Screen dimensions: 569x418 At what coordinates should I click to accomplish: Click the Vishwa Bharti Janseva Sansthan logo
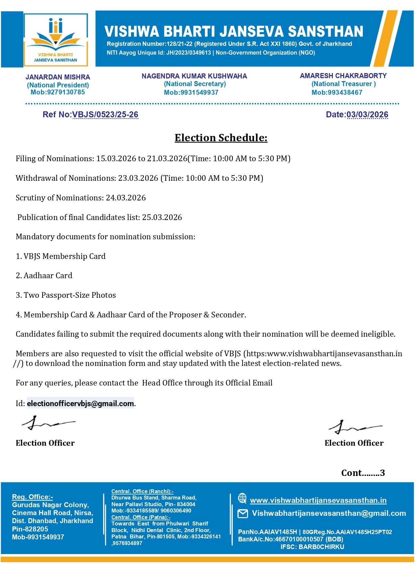(x=56, y=39)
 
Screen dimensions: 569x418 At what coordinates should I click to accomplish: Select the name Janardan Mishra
(x=58, y=77)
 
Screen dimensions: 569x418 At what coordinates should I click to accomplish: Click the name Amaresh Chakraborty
(x=343, y=76)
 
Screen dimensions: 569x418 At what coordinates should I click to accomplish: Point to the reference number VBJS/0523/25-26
(x=105, y=115)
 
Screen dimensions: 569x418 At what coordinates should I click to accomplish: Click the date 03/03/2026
(x=367, y=115)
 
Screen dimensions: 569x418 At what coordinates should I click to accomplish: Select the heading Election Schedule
(x=221, y=138)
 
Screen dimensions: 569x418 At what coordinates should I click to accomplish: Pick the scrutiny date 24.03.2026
(x=126, y=198)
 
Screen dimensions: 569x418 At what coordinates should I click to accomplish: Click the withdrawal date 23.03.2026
(x=138, y=178)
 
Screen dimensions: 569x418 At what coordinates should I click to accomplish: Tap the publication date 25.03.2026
(x=162, y=217)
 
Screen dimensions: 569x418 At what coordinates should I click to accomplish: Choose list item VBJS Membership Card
(x=65, y=256)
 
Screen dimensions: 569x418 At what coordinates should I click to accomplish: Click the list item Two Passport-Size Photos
(x=70, y=295)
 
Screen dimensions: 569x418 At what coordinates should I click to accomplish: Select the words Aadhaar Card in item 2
(x=48, y=276)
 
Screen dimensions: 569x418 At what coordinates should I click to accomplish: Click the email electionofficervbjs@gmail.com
(x=80, y=403)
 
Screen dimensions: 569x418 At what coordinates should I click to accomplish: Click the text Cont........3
(x=363, y=473)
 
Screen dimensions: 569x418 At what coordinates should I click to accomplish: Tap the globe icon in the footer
(x=242, y=498)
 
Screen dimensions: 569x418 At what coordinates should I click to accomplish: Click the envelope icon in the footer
(x=243, y=514)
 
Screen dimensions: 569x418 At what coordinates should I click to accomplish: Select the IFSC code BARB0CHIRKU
(x=321, y=547)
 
